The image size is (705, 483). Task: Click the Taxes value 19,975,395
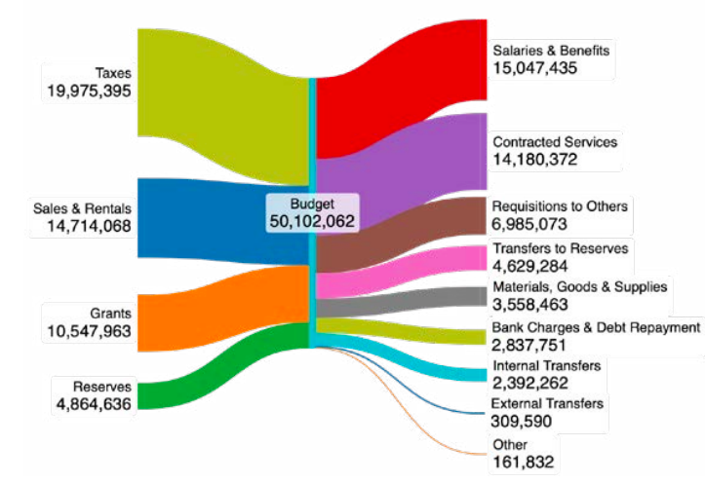[88, 91]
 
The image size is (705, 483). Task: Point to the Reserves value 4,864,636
[95, 404]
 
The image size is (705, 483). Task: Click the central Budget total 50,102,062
[312, 221]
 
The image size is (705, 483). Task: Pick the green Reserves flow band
[224, 365]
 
